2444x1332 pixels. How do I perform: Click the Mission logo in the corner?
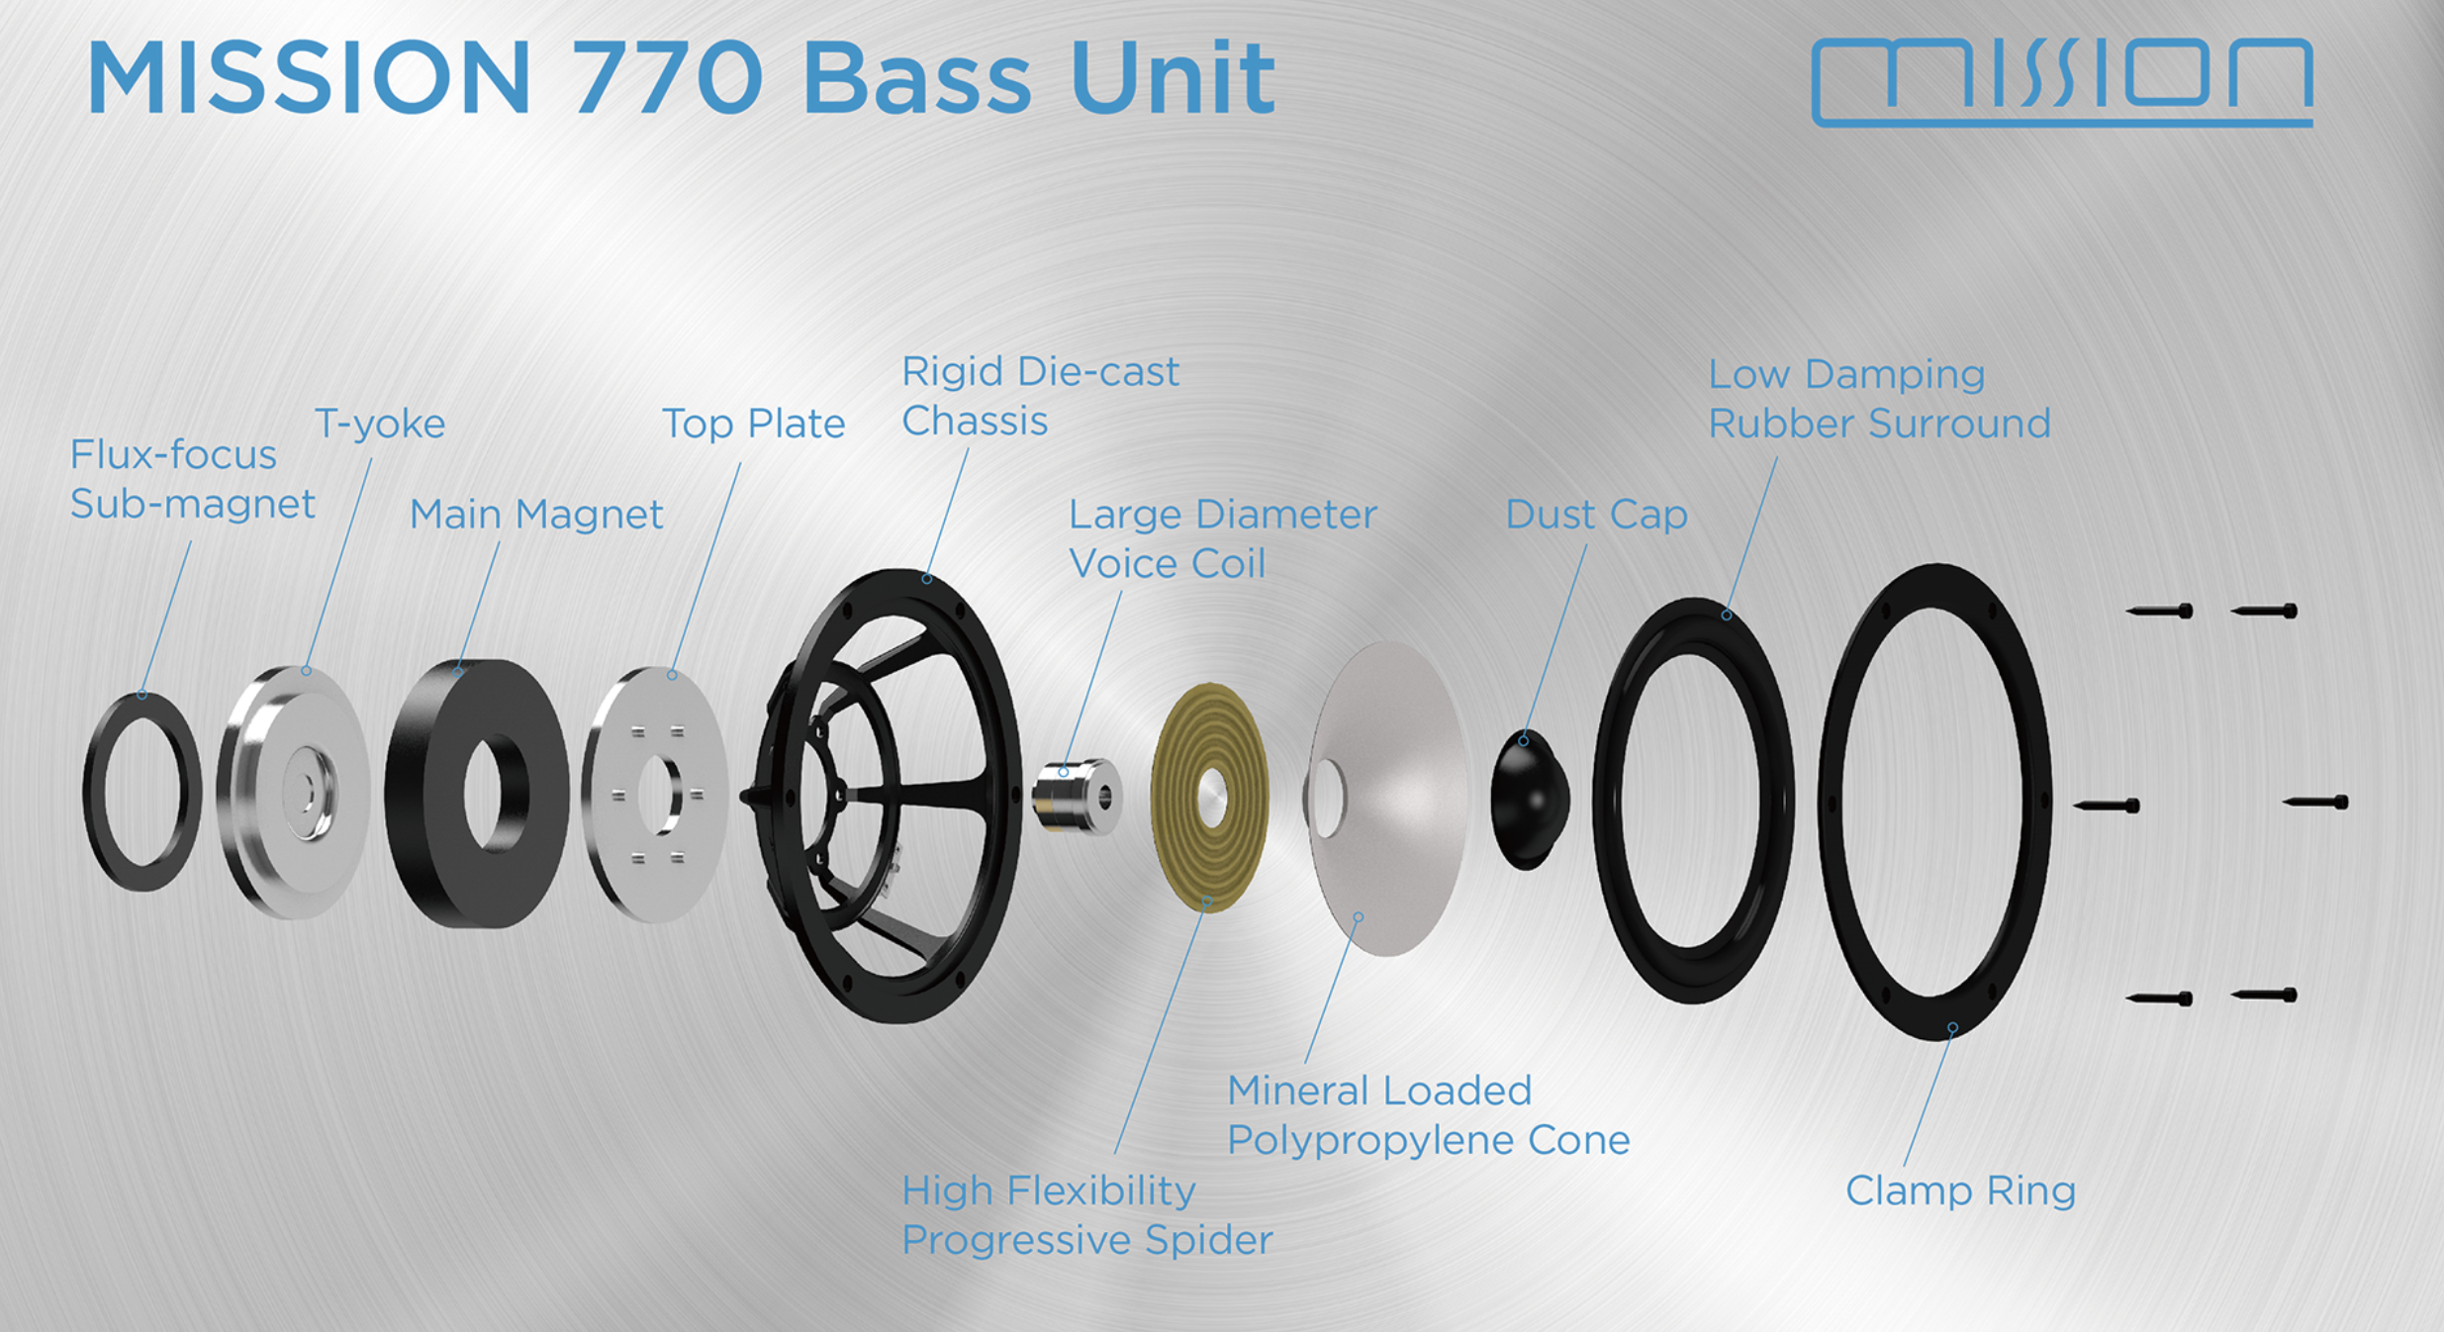click(x=2062, y=81)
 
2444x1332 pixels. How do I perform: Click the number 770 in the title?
click(x=667, y=79)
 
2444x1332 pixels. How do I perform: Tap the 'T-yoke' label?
click(x=380, y=424)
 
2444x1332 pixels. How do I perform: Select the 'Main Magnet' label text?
click(x=535, y=515)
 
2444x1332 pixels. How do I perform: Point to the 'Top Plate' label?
click(x=753, y=424)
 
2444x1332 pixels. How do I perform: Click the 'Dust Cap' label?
click(x=1596, y=515)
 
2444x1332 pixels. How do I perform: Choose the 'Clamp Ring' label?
click(x=1960, y=1190)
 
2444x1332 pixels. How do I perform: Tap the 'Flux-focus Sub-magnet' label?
click(x=192, y=479)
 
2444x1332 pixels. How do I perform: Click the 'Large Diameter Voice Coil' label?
click(x=1222, y=538)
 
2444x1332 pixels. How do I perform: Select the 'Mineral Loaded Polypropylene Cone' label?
click(x=1428, y=1115)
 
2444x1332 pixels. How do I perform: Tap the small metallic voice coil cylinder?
click(x=1076, y=796)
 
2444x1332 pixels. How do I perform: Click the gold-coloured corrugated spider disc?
click(x=1209, y=797)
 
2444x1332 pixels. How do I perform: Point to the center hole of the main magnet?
click(x=496, y=793)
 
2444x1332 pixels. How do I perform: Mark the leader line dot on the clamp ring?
click(x=1952, y=1028)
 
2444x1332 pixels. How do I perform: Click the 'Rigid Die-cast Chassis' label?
click(x=1039, y=396)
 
